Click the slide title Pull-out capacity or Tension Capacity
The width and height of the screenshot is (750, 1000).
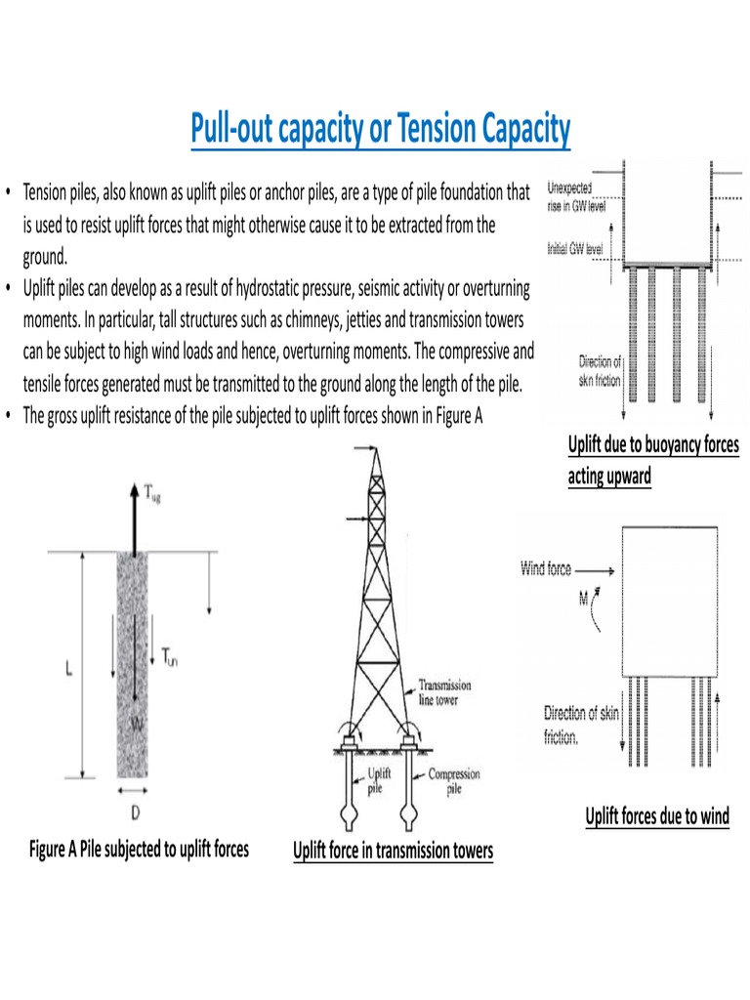(x=380, y=131)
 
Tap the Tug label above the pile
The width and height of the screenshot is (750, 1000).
(x=153, y=496)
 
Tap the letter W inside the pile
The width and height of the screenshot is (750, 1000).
(x=137, y=724)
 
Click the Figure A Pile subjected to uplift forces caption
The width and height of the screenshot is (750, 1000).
(x=139, y=849)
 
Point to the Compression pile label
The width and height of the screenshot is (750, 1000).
(x=454, y=780)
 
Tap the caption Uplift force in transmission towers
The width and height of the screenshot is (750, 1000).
(x=394, y=852)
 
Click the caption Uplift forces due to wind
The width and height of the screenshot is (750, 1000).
(x=657, y=816)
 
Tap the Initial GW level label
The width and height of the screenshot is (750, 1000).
(x=575, y=249)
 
